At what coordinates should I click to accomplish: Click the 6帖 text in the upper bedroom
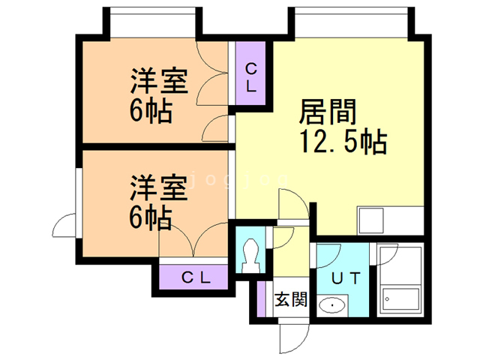pos(150,110)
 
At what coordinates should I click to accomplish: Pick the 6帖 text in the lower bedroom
pos(150,217)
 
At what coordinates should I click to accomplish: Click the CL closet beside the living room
pos(251,76)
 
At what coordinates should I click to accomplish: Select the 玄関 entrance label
pos(289,301)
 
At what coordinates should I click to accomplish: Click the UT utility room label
pos(346,277)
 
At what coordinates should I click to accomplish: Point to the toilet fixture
pos(251,255)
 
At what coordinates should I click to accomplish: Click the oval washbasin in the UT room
pos(331,305)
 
